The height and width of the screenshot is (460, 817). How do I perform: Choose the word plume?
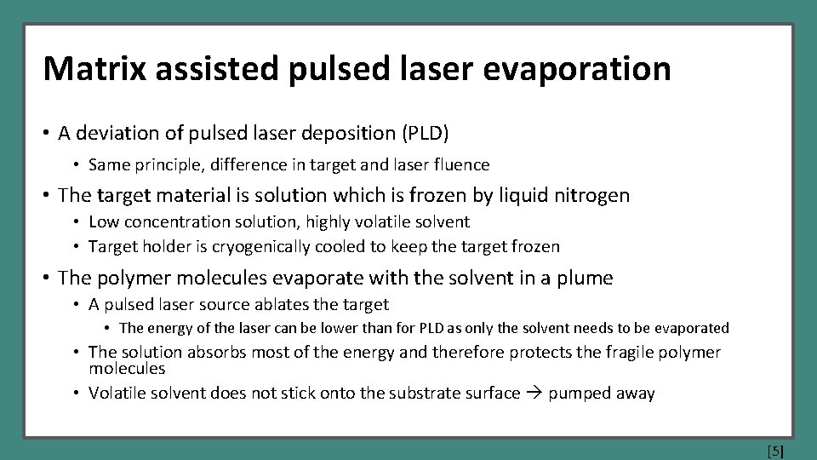(587, 278)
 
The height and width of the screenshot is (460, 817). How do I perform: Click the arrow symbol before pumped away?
(535, 394)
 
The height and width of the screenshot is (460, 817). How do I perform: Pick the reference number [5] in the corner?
(775, 451)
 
